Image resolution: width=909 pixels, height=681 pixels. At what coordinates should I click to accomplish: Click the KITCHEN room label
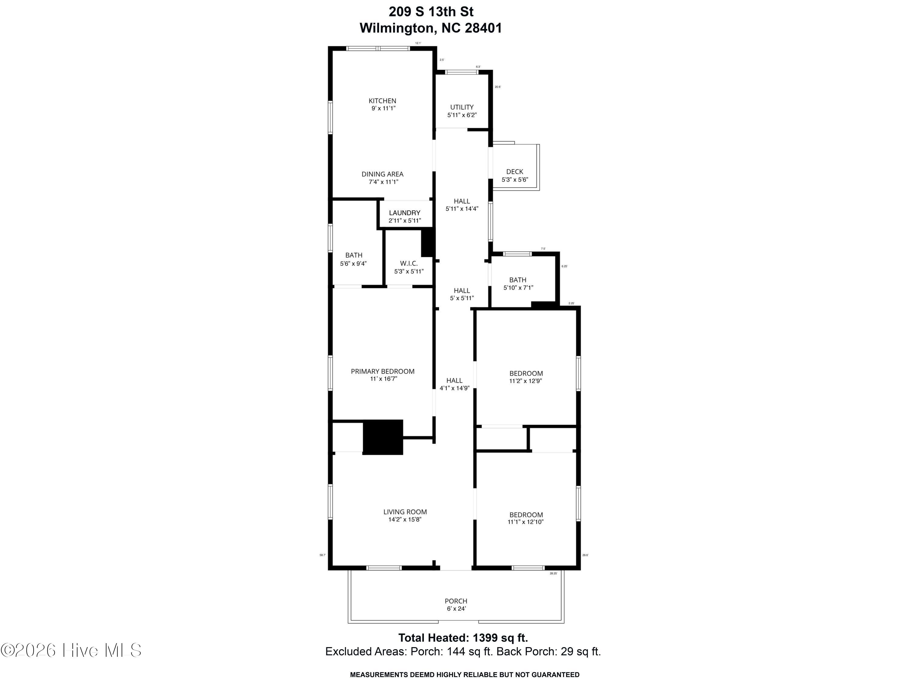tap(382, 101)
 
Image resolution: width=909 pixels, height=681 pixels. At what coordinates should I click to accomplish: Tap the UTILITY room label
tap(462, 107)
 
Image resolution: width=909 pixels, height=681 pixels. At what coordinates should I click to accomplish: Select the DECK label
tap(514, 172)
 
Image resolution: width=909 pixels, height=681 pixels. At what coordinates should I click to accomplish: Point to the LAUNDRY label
tap(405, 213)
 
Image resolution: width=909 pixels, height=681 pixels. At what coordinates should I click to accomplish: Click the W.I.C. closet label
tap(409, 263)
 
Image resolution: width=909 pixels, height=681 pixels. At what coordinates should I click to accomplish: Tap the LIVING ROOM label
tap(405, 512)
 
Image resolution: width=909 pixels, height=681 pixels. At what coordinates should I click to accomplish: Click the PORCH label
tap(456, 601)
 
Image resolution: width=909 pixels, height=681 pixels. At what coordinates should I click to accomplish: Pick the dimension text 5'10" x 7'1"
tap(518, 288)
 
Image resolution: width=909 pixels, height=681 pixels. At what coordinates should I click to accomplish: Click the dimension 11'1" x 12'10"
tap(526, 522)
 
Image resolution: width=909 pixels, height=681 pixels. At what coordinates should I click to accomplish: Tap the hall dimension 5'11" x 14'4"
tap(462, 209)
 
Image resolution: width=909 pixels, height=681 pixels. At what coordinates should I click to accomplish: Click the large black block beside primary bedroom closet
tap(383, 437)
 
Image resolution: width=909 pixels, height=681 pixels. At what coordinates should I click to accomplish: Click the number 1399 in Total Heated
tap(487, 638)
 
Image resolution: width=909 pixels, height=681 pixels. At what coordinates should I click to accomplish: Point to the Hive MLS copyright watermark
tap(72, 650)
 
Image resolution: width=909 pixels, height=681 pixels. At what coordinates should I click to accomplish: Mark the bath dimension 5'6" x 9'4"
tap(353, 264)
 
